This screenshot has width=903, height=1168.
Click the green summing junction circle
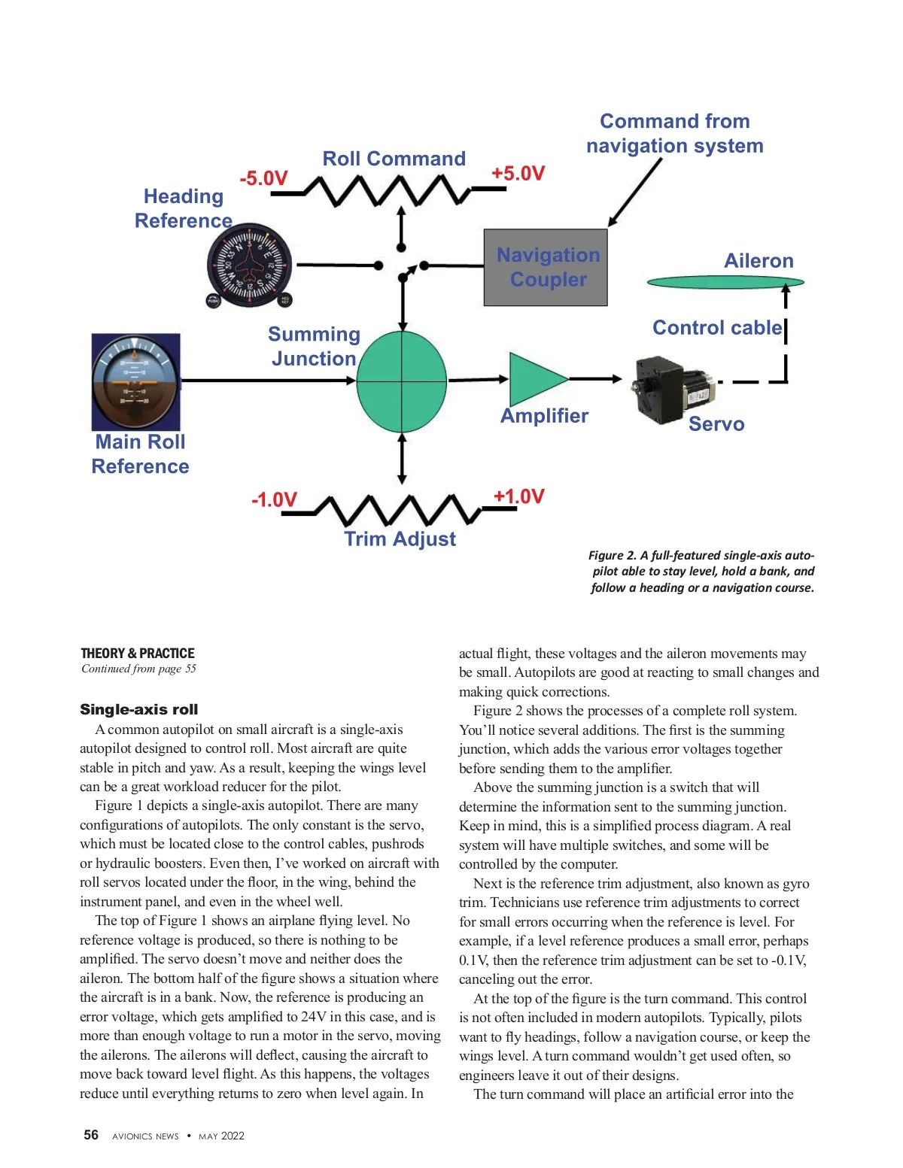[x=401, y=381]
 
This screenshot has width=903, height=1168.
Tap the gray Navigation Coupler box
[x=546, y=267]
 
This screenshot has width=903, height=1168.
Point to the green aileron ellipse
[x=725, y=282]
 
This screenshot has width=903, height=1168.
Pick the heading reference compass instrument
[x=248, y=267]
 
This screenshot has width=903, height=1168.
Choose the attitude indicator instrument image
[x=136, y=382]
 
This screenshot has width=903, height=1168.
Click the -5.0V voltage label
[x=263, y=179]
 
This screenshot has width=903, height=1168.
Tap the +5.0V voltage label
[x=518, y=174]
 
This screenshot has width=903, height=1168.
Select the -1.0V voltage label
[x=274, y=500]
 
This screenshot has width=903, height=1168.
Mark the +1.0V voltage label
[x=518, y=496]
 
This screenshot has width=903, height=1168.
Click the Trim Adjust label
[x=400, y=539]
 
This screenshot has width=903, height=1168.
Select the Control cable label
[x=717, y=328]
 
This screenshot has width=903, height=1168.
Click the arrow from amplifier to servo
[x=594, y=378]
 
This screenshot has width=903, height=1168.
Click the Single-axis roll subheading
[x=139, y=709]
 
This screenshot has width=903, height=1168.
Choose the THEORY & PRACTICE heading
[x=138, y=653]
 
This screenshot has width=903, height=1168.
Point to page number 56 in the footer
[x=91, y=1135]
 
